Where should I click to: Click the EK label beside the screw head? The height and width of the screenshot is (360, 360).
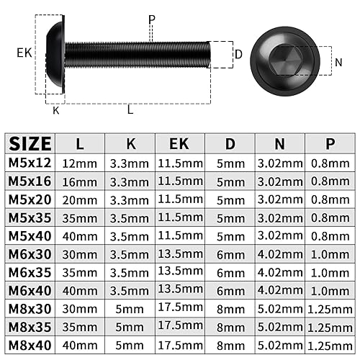(x=24, y=53)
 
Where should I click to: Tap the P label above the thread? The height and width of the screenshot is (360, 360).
(x=152, y=19)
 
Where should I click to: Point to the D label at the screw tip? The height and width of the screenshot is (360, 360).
(x=238, y=55)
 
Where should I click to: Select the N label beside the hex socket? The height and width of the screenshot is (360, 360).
(x=338, y=63)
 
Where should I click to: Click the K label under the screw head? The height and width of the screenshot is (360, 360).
(x=56, y=110)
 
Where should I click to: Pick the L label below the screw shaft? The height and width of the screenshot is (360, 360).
(x=130, y=109)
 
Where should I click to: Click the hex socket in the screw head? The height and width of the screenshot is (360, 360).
(x=284, y=60)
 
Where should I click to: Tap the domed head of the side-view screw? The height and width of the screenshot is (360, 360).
(x=55, y=54)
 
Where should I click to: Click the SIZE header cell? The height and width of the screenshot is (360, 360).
(x=30, y=143)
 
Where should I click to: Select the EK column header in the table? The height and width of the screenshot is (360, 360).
(x=179, y=143)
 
